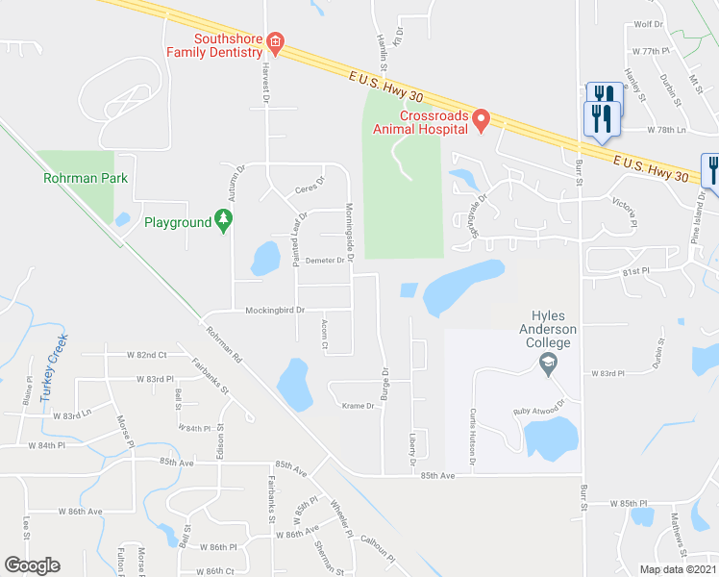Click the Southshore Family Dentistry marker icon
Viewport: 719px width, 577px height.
point(276,41)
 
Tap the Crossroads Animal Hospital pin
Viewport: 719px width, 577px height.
point(482,118)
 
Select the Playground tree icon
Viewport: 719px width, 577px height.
point(224,222)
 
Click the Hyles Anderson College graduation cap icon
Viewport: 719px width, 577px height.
point(549,363)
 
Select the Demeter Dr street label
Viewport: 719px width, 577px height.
point(325,261)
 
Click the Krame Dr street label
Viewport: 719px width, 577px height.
point(357,406)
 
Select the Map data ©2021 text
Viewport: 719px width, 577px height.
point(678,568)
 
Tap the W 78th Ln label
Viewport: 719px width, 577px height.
point(668,129)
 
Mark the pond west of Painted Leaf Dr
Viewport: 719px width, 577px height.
point(264,257)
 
